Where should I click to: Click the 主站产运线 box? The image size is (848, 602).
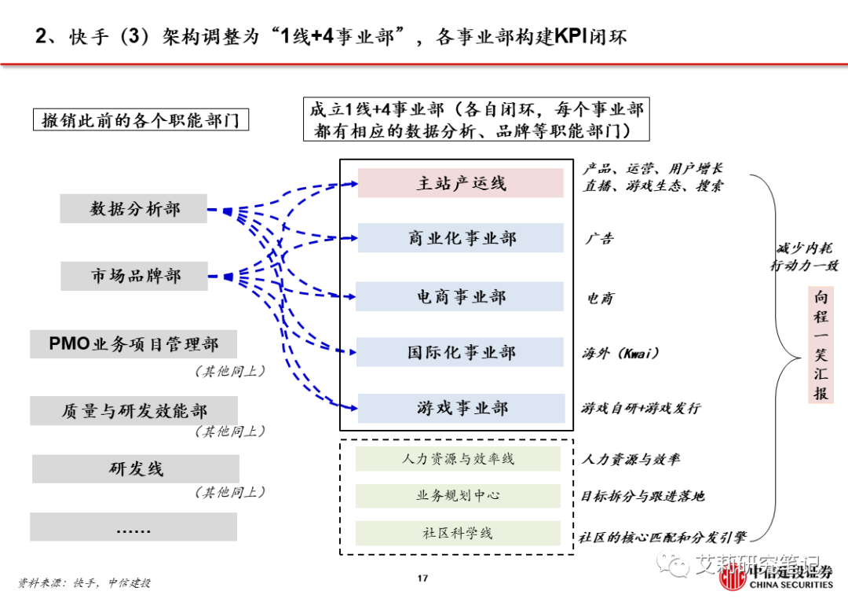[x=461, y=183]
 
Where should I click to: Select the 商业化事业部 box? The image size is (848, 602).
[x=461, y=238]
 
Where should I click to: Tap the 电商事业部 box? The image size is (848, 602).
[x=461, y=296]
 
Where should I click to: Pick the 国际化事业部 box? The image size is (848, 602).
[x=461, y=352]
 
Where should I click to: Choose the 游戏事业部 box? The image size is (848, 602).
[x=461, y=408]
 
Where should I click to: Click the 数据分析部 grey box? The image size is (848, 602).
[x=133, y=209]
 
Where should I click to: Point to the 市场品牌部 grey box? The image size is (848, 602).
[x=133, y=276]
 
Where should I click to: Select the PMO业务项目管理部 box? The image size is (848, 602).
[x=133, y=344]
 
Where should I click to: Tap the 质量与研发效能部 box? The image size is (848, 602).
[x=133, y=410]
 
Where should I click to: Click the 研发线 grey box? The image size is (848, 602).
[x=133, y=468]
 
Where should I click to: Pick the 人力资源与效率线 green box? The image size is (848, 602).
[x=458, y=459]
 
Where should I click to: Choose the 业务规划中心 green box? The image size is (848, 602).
[x=458, y=496]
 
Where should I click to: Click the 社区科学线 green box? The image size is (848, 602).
[x=458, y=533]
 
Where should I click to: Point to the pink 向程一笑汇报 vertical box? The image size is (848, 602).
[x=821, y=345]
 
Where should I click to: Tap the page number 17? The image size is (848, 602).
[x=422, y=579]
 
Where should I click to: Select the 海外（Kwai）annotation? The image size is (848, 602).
[x=620, y=353]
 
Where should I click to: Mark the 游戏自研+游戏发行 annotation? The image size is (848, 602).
[x=640, y=409]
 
